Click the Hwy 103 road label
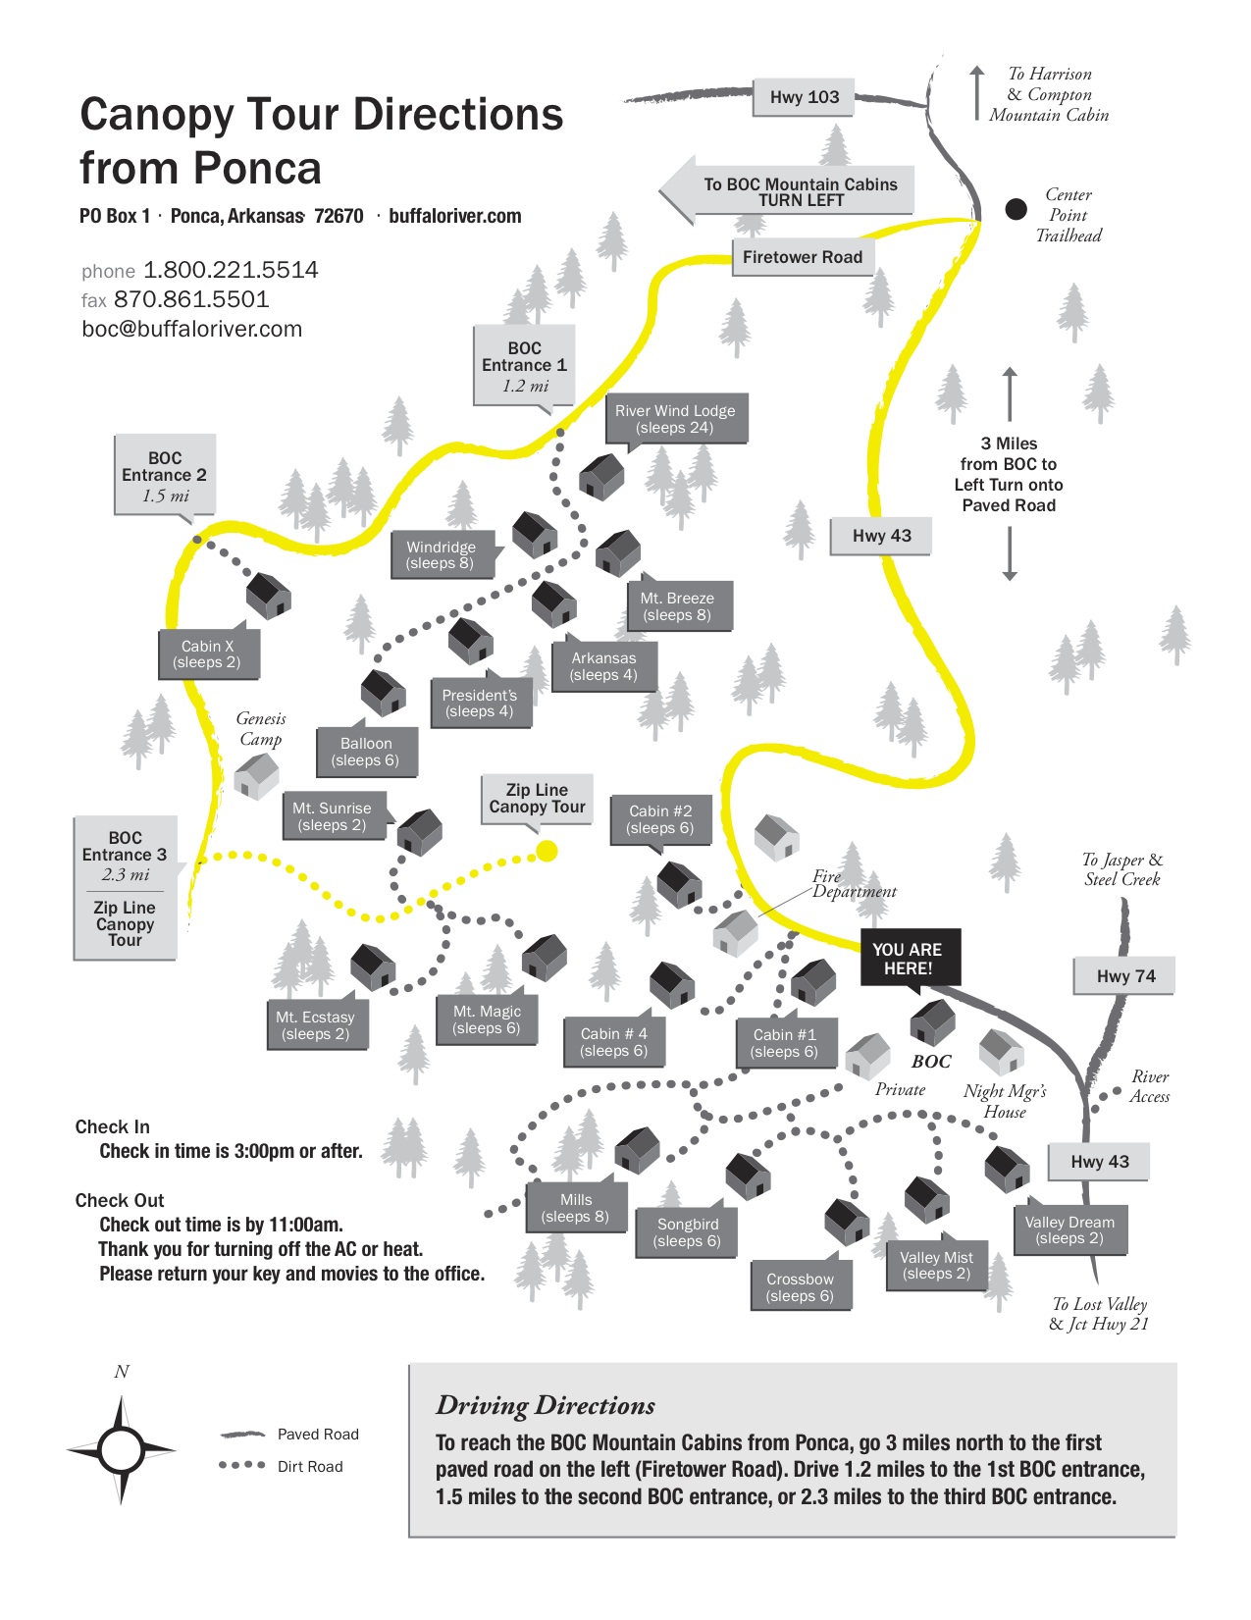click(804, 97)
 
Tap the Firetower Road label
click(802, 257)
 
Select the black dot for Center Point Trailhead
click(1016, 208)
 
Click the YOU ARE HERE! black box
click(908, 959)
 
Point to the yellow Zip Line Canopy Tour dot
click(547, 851)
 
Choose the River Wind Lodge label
click(675, 419)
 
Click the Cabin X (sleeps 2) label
click(207, 654)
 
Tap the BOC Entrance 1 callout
click(524, 366)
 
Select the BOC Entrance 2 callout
click(165, 476)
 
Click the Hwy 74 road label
click(1125, 976)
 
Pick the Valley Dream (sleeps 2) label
click(1069, 1230)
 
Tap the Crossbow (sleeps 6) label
click(800, 1287)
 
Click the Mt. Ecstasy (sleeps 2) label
click(315, 1025)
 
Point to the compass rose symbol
click(121, 1448)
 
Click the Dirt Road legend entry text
click(310, 1467)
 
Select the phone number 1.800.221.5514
click(231, 270)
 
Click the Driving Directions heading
click(546, 1406)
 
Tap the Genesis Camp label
click(261, 729)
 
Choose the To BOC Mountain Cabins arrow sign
click(789, 191)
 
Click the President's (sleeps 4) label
click(480, 704)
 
